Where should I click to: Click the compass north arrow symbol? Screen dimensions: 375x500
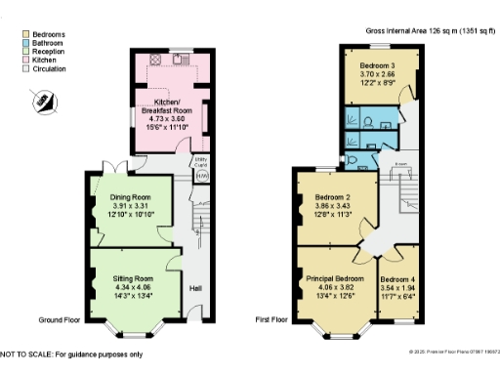tap(42, 99)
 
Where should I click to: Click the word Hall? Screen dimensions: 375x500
tap(195, 288)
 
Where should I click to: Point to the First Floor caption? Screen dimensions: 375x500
tap(274, 319)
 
